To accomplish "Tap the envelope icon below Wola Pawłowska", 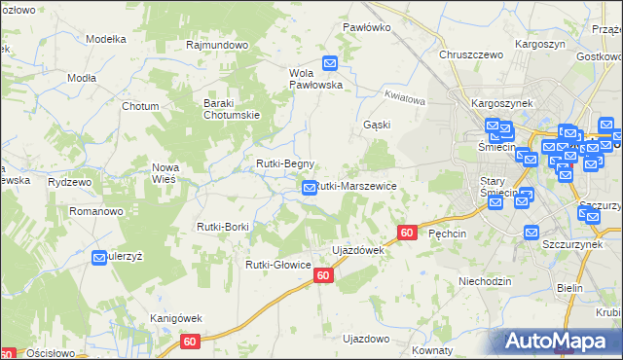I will (x=330, y=64).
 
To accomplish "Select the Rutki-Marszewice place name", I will (x=355, y=185).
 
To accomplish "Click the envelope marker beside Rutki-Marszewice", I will (x=310, y=188).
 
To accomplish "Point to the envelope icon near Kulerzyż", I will (x=100, y=258).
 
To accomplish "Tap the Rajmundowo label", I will (x=218, y=45).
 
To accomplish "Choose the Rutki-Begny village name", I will (x=284, y=163).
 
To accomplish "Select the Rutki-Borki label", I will (x=223, y=227).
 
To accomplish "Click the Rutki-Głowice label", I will (x=278, y=265).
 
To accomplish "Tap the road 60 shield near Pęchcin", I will (x=408, y=233).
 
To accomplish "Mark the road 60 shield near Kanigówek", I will (x=190, y=342).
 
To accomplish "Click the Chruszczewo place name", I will (x=470, y=55).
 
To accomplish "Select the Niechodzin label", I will (x=485, y=280).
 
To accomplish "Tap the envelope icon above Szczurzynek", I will (x=531, y=233).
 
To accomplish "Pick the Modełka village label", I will (x=107, y=39).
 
